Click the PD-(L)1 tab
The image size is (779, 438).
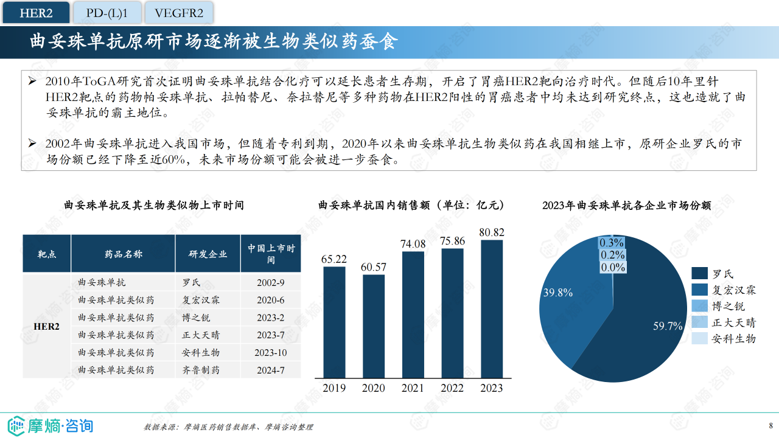(x=107, y=13)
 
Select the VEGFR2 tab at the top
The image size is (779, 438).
(x=179, y=13)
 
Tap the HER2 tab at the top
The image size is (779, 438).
(x=36, y=13)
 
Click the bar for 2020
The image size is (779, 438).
(x=374, y=326)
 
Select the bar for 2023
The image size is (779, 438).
(x=492, y=308)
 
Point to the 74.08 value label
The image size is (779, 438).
(x=413, y=244)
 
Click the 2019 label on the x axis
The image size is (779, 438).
(x=334, y=388)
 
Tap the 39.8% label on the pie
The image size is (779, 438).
(x=557, y=293)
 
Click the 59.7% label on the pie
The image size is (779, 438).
(x=668, y=327)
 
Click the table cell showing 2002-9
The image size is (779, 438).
(x=271, y=283)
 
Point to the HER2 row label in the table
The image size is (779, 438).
(x=47, y=327)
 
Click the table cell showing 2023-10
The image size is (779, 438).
(x=271, y=353)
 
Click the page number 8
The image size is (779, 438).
(x=771, y=425)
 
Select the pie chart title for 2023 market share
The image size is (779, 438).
(x=626, y=206)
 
